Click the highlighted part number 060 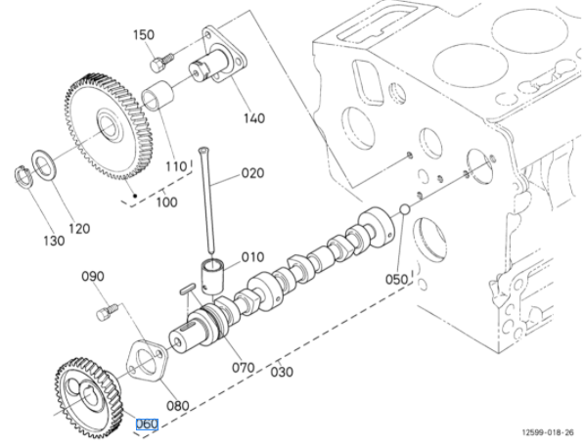[147, 424]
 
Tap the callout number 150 [144, 34]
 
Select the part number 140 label [254, 118]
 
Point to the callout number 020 [253, 173]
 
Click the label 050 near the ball [396, 280]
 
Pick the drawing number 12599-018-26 [548, 432]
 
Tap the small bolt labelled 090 [108, 312]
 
